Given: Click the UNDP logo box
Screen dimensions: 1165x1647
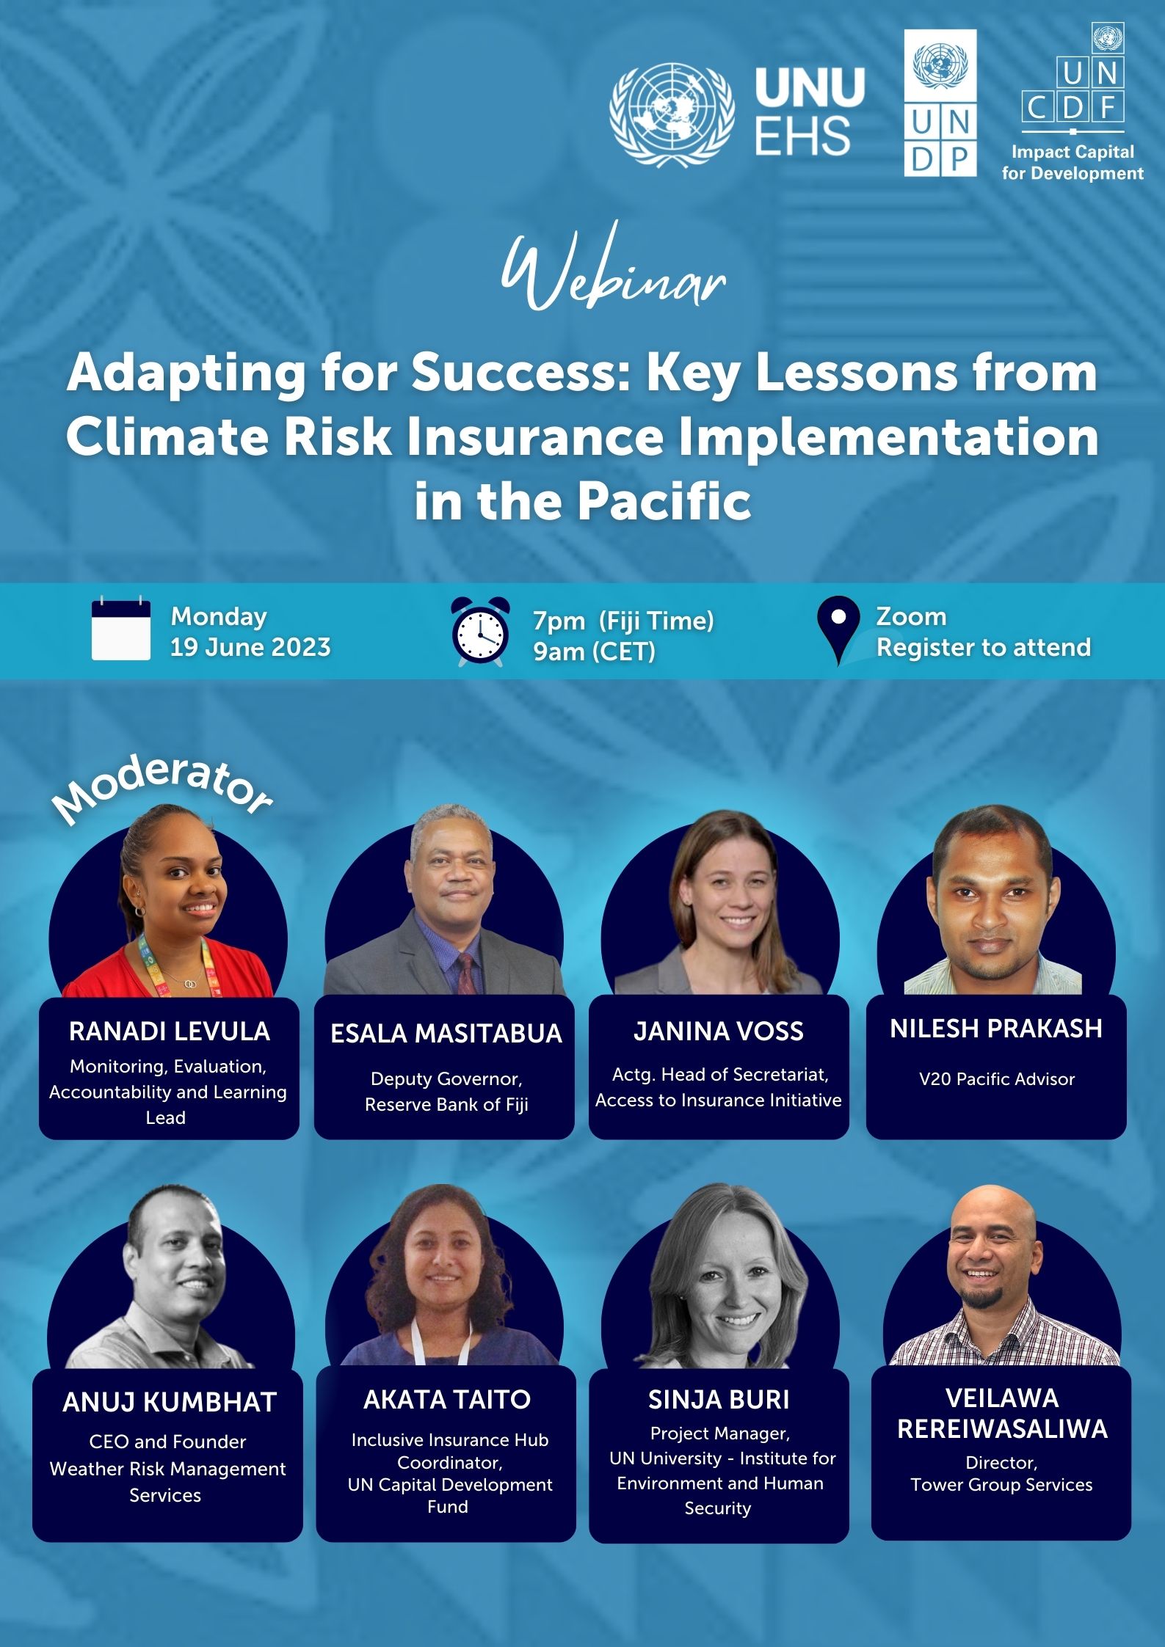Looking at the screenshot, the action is coord(940,103).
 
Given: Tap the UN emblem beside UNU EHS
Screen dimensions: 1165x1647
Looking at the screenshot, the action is coord(672,115).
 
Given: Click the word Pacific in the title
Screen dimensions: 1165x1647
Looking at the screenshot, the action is coord(664,502).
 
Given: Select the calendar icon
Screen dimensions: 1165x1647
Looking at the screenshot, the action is coord(121,629).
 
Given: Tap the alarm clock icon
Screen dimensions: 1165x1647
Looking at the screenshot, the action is coord(480,632).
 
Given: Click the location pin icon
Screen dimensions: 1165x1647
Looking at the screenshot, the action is coord(838,630).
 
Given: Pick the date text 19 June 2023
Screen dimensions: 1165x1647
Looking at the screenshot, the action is coord(250,647).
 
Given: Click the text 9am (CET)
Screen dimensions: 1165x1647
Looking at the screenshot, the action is coord(594,651).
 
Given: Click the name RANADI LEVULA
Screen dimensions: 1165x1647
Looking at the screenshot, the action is coord(170,1031).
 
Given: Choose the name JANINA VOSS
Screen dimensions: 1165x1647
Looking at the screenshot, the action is coord(719,1031).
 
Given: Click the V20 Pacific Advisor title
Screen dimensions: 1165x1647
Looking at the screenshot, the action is coord(997,1078).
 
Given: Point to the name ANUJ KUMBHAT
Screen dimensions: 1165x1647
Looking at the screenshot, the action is coord(170,1402).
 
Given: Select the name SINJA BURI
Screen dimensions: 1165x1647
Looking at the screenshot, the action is coord(719,1400).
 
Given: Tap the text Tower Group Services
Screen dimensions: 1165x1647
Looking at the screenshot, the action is coord(1001,1484).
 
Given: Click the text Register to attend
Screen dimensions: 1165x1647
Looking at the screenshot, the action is coord(984,647).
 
